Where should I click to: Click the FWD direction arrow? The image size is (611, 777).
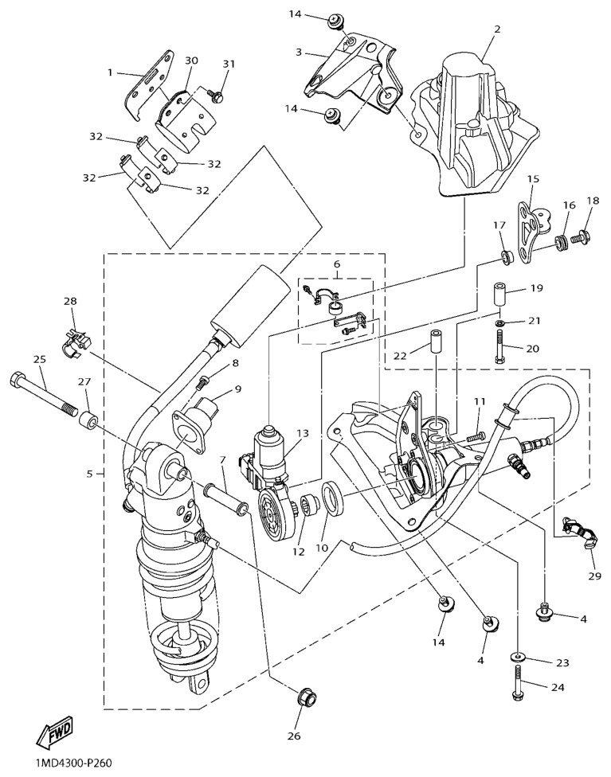click(x=54, y=732)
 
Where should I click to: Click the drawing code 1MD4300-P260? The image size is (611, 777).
click(x=73, y=763)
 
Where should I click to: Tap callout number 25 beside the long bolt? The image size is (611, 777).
click(x=40, y=360)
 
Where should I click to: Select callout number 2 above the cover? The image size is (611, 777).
click(x=497, y=29)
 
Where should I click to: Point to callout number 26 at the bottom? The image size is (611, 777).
click(x=294, y=736)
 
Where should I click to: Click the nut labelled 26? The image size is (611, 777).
click(x=304, y=698)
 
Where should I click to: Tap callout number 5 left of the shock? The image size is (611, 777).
click(x=89, y=474)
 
